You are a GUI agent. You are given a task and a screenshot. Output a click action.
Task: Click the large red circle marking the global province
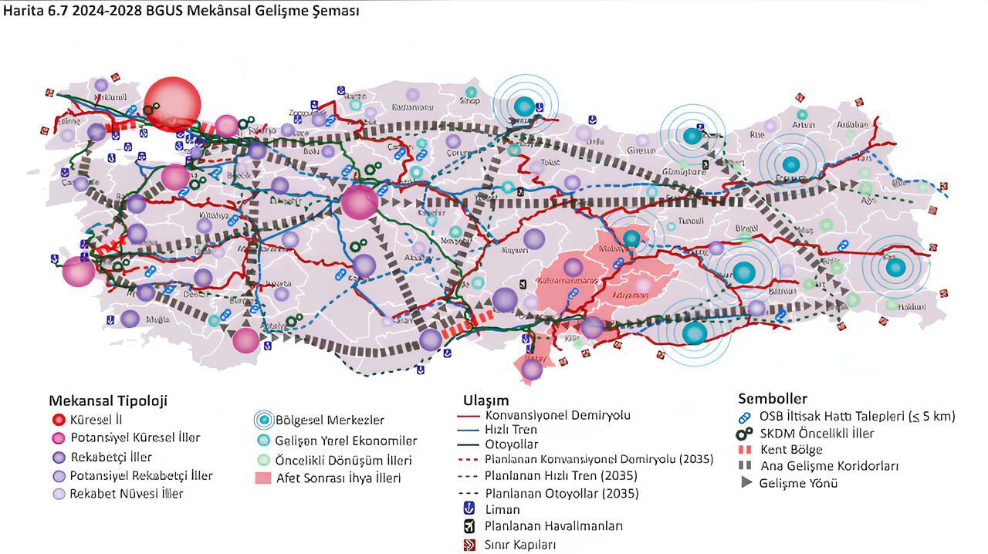[x=173, y=103]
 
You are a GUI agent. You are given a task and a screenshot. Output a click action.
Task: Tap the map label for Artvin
[x=804, y=125]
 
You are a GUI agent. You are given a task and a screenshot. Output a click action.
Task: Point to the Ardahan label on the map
[x=853, y=125]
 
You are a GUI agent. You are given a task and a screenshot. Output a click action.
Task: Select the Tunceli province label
[x=689, y=221]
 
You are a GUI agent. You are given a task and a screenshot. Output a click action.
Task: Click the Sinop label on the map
[x=469, y=100]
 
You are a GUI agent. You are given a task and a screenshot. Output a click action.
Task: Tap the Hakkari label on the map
[x=912, y=307]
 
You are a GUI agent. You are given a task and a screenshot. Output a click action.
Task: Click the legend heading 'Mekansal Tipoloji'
[x=108, y=400]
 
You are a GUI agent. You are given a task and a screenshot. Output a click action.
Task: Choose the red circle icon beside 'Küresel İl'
[x=57, y=421]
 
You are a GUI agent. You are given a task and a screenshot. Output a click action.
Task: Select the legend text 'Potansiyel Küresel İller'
[x=135, y=437]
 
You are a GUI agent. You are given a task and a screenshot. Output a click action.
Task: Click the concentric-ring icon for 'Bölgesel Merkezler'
[x=264, y=421]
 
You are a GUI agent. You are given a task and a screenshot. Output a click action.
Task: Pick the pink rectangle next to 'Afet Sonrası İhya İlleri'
[x=263, y=478]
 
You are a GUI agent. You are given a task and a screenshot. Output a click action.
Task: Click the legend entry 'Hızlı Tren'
[x=511, y=429]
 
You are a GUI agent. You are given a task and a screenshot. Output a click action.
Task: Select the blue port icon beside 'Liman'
[x=468, y=509]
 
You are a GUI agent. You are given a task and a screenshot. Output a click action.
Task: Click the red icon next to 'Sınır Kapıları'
[x=468, y=545]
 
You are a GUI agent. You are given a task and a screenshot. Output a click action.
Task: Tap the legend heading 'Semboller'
[x=773, y=399]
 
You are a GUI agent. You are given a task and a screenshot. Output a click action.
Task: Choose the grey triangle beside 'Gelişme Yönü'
[x=746, y=483]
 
